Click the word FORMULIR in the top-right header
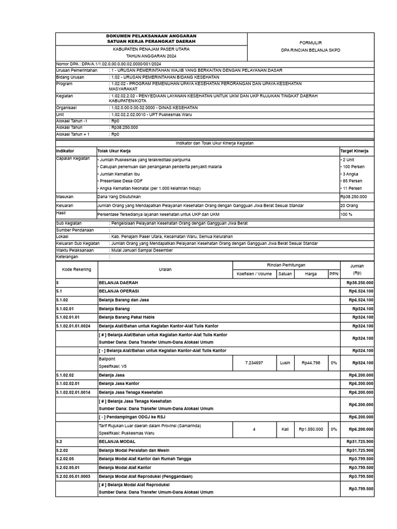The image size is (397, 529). point(311,42)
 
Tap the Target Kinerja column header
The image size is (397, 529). point(354,150)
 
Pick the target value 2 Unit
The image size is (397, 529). point(347,160)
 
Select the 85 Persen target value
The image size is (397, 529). point(352,181)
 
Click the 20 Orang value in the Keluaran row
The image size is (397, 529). point(348,205)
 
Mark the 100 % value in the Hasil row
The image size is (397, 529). point(346,213)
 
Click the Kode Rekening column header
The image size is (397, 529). point(77,269)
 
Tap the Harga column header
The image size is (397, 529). point(311,274)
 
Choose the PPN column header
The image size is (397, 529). point(334,274)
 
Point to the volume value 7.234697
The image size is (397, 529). point(254,363)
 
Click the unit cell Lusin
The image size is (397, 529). point(285,363)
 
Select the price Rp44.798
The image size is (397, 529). point(311,363)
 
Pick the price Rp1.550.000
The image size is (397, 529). point(311,429)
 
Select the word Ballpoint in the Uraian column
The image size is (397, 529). point(108,358)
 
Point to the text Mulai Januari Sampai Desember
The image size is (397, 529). point(142,250)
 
